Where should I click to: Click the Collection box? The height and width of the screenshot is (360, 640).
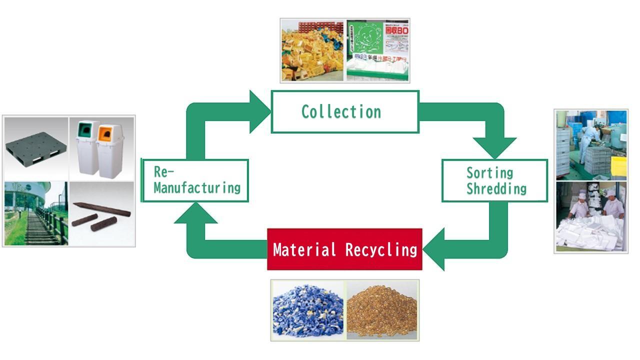click(x=344, y=111)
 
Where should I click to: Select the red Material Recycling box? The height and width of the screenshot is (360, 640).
click(x=344, y=249)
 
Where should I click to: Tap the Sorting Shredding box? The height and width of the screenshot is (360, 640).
click(x=494, y=180)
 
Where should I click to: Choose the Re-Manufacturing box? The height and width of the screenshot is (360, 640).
click(x=195, y=180)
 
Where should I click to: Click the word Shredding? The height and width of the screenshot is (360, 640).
click(x=496, y=188)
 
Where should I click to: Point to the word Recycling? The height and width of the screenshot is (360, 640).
click(x=381, y=249)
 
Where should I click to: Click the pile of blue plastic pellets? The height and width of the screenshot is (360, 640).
click(x=308, y=309)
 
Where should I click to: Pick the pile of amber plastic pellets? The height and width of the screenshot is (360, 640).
click(x=382, y=309)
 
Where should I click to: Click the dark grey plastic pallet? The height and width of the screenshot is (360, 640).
click(x=35, y=149)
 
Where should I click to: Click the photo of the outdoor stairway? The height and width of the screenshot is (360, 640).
click(x=35, y=213)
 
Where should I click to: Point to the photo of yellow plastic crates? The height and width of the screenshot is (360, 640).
click(x=313, y=50)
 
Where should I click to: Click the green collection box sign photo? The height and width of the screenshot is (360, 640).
click(x=377, y=50)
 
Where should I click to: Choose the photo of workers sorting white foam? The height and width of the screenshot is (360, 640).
click(x=591, y=216)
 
